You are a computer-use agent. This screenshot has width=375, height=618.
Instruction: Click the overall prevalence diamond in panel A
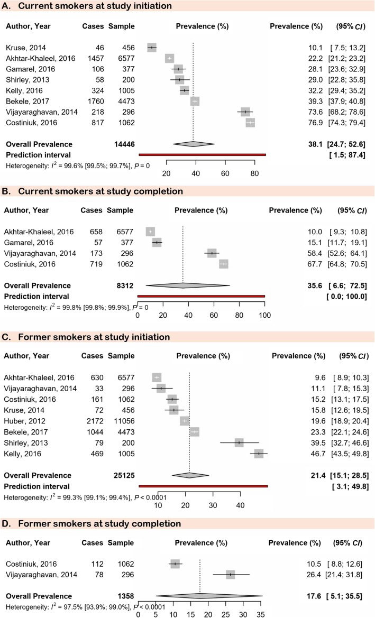193,144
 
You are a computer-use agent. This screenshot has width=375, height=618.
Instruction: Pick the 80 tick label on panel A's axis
254,173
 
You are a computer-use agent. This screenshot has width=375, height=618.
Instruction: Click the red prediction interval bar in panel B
201,296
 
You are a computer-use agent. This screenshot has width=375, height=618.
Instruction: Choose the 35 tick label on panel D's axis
259,614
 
